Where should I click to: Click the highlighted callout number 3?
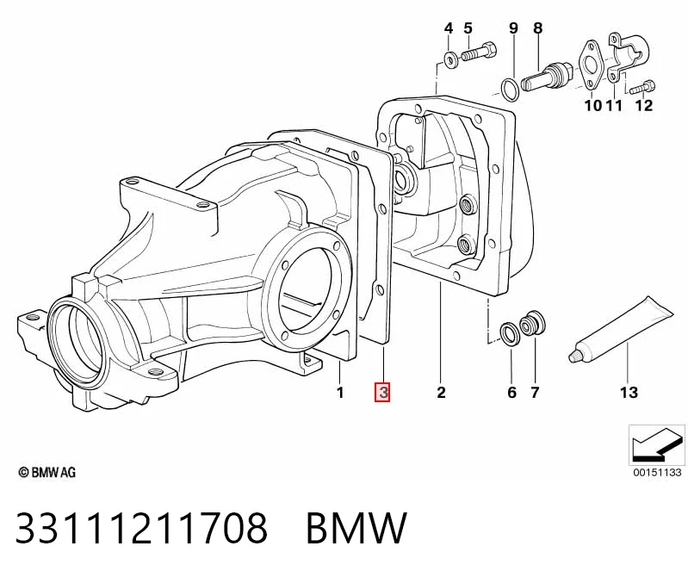(x=382, y=392)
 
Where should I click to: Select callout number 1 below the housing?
(x=340, y=392)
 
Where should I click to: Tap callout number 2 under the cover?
(x=441, y=392)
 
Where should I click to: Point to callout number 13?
(x=629, y=392)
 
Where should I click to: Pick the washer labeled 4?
(x=449, y=59)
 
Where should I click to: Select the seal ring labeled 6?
(x=511, y=333)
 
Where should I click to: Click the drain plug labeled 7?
(x=532, y=325)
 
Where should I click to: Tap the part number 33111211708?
(x=141, y=527)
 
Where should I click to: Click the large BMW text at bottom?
(x=356, y=527)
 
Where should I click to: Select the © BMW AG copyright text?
(x=47, y=472)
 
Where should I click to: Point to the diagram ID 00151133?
(x=657, y=472)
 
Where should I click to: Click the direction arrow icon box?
(x=657, y=445)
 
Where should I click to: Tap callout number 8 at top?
(x=538, y=28)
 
